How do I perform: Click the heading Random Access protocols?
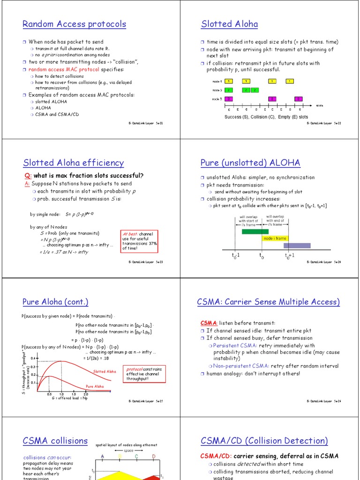point(75,24)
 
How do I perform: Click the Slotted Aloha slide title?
point(229,24)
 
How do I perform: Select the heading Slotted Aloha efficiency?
point(74,163)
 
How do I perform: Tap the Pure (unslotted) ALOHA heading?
point(250,163)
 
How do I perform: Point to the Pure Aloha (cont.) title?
point(55,302)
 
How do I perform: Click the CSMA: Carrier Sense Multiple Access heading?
point(268,302)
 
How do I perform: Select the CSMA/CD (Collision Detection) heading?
point(264,441)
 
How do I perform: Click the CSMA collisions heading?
point(55,441)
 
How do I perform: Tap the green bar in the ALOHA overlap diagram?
point(255,231)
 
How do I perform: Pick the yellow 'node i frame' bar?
point(274,238)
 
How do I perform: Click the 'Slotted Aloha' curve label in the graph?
point(104,372)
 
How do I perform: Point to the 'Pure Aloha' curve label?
point(95,386)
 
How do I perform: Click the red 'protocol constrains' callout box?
point(144,374)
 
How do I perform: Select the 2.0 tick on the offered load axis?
point(86,394)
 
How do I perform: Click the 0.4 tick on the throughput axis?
point(33,359)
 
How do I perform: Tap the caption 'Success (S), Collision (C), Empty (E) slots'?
point(266,117)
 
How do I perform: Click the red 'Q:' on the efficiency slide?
point(28,176)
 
